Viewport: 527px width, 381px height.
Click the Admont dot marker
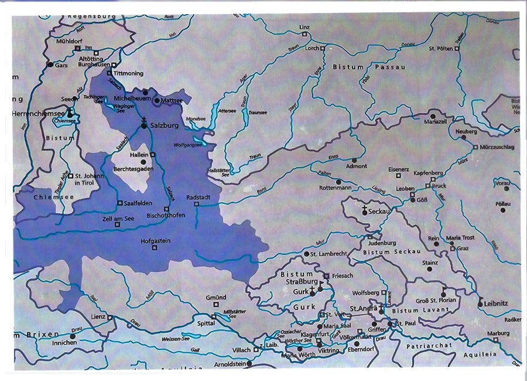click(354, 159)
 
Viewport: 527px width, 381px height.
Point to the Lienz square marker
click(110, 317)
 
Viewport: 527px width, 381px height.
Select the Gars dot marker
click(50, 64)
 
